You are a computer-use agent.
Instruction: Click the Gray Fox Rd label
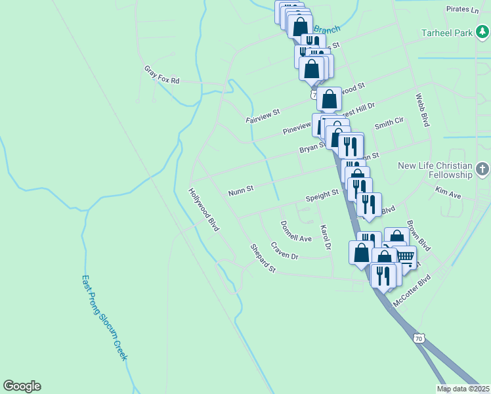point(161,75)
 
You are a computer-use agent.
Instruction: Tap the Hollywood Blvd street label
point(203,210)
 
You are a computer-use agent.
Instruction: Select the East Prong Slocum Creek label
point(104,317)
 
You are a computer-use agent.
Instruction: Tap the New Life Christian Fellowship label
point(435,170)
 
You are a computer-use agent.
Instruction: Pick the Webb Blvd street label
point(422,110)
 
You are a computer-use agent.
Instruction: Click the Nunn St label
point(241,191)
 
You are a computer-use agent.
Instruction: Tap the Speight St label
point(322,196)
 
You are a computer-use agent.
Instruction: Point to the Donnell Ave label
point(295,231)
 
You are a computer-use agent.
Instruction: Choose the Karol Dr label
point(324,238)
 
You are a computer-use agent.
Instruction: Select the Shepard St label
point(263,258)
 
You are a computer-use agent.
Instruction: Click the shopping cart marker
point(405,257)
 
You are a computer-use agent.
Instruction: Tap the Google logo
point(22,386)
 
